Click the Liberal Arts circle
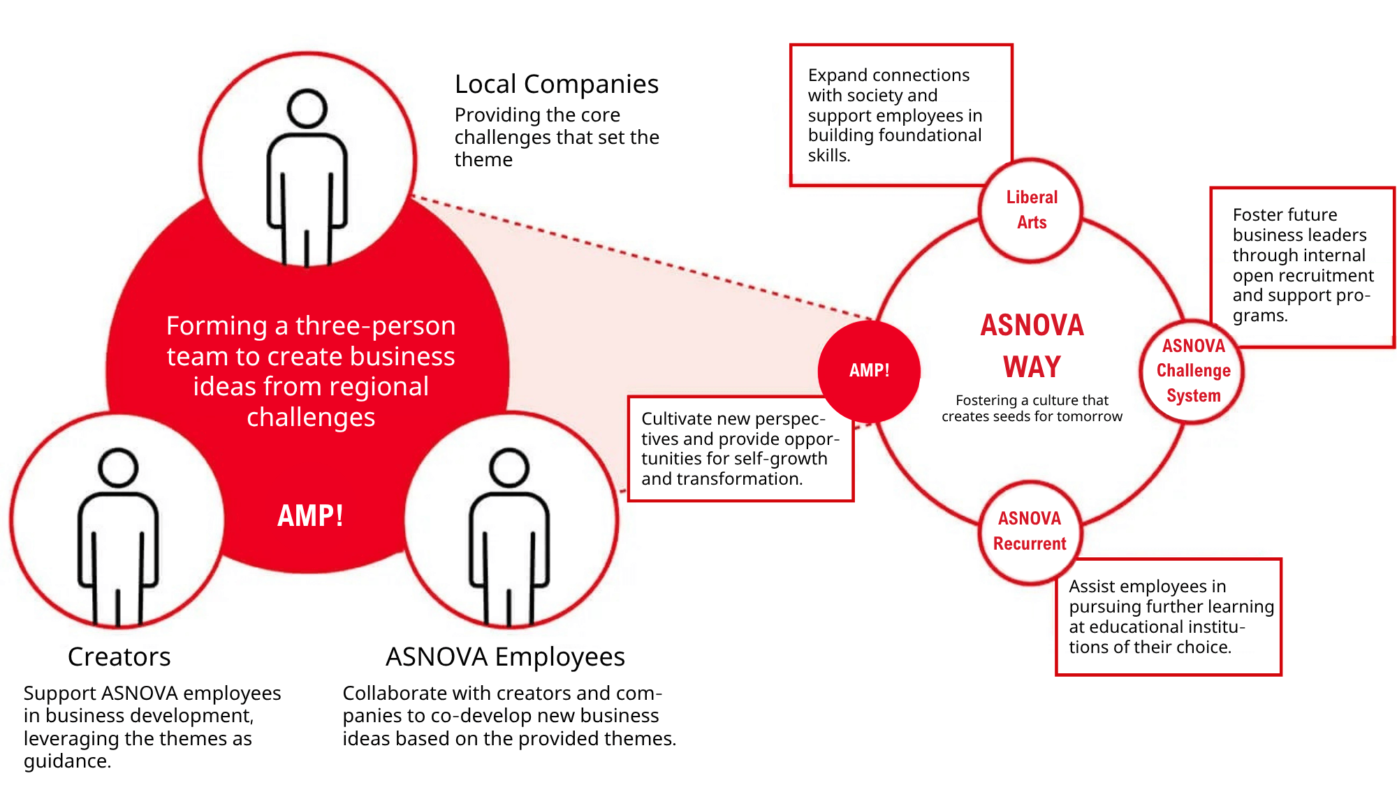[x=1031, y=210]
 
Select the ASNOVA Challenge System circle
[x=1193, y=371]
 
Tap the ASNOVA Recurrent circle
[x=1030, y=532]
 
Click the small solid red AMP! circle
[x=869, y=371]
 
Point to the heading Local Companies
[x=556, y=85]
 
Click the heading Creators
[x=119, y=657]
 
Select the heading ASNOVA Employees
[x=505, y=657]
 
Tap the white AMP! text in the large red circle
[x=310, y=516]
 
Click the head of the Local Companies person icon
[x=307, y=109]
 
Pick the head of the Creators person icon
[x=118, y=467]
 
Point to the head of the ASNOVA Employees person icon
[x=509, y=467]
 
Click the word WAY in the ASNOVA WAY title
[x=1032, y=367]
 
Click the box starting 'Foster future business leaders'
[x=1302, y=265]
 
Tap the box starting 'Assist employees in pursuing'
[x=1168, y=617]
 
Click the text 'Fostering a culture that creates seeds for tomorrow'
[x=1032, y=409]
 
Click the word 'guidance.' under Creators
[x=67, y=761]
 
